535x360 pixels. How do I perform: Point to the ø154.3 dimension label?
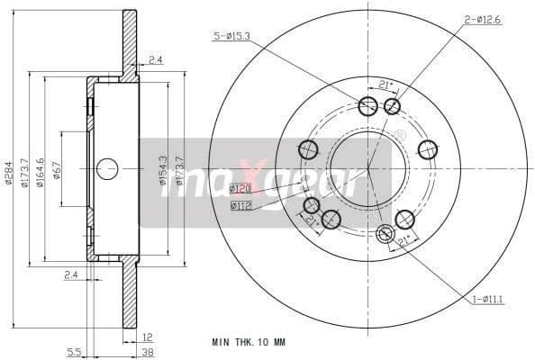tap(163, 170)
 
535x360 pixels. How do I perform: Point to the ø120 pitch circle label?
tap(240, 189)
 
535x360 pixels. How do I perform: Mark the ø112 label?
tap(240, 205)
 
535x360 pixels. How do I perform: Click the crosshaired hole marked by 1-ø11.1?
tap(385, 236)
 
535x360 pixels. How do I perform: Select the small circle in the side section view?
tap(107, 168)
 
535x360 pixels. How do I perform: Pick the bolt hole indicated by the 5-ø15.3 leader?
tap(367, 107)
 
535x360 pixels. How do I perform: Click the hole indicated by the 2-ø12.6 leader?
tap(392, 107)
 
